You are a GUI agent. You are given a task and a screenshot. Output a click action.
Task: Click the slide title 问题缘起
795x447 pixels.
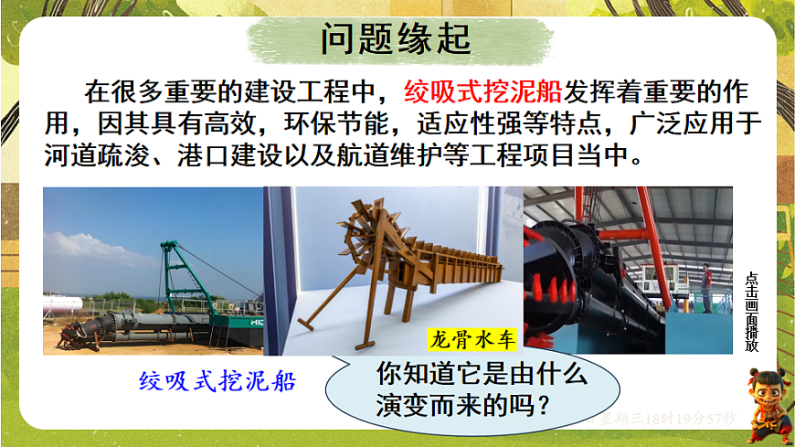point(396,40)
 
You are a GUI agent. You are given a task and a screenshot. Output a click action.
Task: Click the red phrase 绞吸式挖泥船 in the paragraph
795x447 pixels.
point(483,92)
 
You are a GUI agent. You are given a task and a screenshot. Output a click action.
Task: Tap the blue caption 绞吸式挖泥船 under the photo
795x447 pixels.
point(217,380)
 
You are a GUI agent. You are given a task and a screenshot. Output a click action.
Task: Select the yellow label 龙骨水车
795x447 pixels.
point(472,340)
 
